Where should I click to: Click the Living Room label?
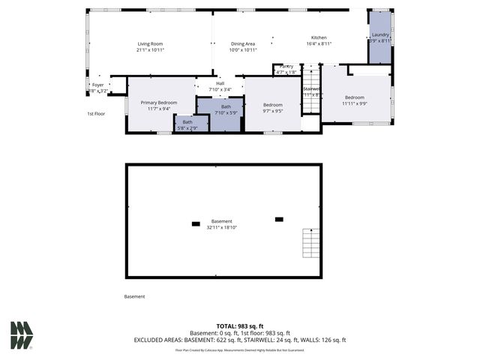[x=150, y=46]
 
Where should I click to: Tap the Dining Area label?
[x=243, y=46]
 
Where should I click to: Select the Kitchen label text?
[x=319, y=40]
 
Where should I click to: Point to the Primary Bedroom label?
[x=158, y=105]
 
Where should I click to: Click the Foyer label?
[x=98, y=87]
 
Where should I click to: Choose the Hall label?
[x=220, y=86]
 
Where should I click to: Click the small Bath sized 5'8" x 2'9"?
[x=187, y=124]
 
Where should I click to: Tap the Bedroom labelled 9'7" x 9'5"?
[x=273, y=107]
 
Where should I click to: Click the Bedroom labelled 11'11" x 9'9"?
[x=355, y=100]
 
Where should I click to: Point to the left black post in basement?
[x=196, y=223]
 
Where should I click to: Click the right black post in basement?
[x=279, y=219]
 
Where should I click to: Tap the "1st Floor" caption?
[x=94, y=114]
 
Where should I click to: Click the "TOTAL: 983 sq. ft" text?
[x=240, y=325]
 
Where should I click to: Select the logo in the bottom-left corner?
[x=22, y=335]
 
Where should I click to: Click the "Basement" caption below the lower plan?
[x=134, y=297]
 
